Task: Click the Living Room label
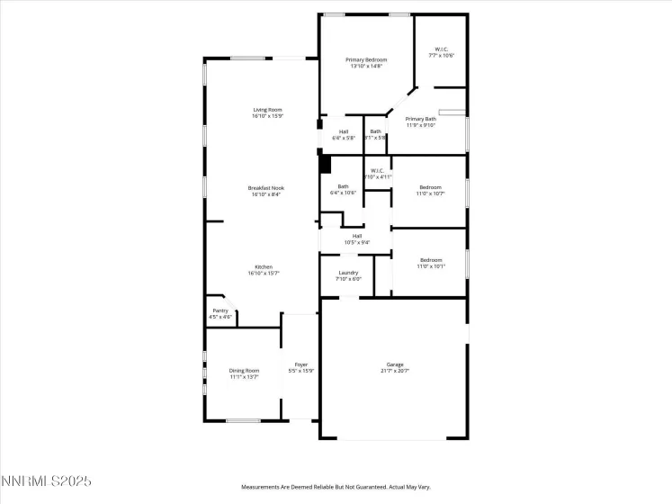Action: click(x=267, y=110)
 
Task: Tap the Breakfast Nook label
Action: click(x=266, y=187)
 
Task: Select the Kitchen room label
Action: click(x=264, y=266)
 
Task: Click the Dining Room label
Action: click(x=244, y=370)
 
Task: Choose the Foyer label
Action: click(x=301, y=364)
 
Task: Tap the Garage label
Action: click(x=394, y=364)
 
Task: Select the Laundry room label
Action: click(x=349, y=273)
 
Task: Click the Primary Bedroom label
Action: click(x=367, y=59)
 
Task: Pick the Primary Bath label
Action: click(x=420, y=119)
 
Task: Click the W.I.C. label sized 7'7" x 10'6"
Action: click(x=442, y=49)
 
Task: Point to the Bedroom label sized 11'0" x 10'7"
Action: click(x=430, y=187)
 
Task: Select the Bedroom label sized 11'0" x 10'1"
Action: click(x=430, y=260)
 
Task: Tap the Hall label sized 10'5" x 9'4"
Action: click(x=357, y=236)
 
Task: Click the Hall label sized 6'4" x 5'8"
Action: click(x=344, y=131)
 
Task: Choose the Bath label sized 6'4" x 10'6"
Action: click(x=344, y=186)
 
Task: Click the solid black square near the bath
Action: click(x=326, y=165)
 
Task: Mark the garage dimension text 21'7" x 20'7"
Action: click(x=394, y=371)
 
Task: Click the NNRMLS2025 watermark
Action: click(x=47, y=482)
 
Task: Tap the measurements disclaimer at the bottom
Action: click(x=336, y=487)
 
